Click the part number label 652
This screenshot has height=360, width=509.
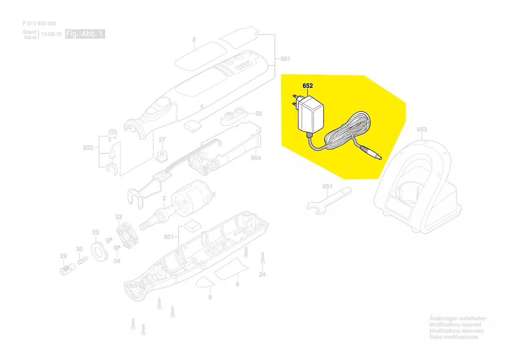(x=307, y=86)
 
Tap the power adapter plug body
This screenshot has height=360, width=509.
(x=310, y=114)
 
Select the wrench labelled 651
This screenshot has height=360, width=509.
(x=329, y=201)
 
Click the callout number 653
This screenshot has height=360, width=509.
(x=422, y=129)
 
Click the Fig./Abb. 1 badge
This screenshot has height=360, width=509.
(x=85, y=34)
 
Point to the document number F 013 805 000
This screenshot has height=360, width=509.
(x=39, y=24)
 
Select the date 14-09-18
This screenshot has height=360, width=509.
(x=51, y=34)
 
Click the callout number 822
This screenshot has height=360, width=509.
(x=88, y=148)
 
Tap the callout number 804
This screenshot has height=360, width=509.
(x=256, y=158)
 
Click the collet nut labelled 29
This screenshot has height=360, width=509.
(x=68, y=269)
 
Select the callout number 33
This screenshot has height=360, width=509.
(x=118, y=217)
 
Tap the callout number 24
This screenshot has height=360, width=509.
(x=262, y=274)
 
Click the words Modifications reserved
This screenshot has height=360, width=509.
(x=455, y=325)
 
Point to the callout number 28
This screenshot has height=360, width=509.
(x=258, y=114)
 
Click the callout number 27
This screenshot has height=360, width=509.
(x=162, y=140)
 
